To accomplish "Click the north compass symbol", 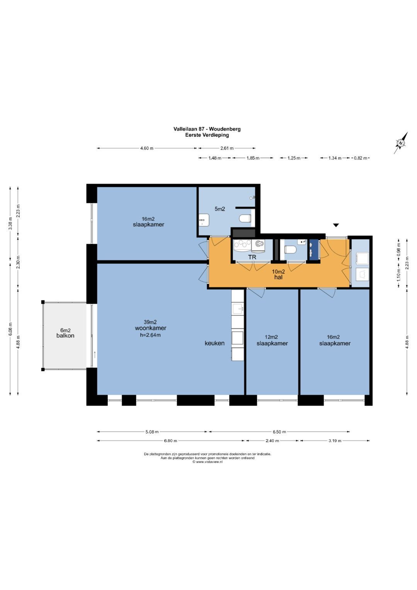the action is click(x=401, y=143).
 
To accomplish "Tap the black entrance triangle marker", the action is click(x=336, y=225).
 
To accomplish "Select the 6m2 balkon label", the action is click(x=65, y=333).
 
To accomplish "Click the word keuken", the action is click(x=215, y=343).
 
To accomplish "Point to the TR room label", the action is click(x=252, y=257).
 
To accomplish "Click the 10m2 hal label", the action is click(x=278, y=274).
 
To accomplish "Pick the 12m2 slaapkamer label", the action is click(x=272, y=340).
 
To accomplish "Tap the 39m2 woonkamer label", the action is click(x=151, y=325).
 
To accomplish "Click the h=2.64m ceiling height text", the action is click(x=150, y=335).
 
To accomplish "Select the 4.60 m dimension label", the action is click(x=147, y=148).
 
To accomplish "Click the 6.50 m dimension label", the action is click(x=279, y=432).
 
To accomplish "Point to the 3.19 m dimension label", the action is click(x=335, y=440).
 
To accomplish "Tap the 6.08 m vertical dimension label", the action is click(x=10, y=329).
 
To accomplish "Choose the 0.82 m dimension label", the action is click(x=360, y=158).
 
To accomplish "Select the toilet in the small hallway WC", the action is click(x=291, y=249).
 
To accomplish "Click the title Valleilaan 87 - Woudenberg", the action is click(x=207, y=129).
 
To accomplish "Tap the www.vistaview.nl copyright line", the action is click(x=207, y=462).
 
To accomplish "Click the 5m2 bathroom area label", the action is click(x=220, y=209).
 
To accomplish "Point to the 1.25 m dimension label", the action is click(x=294, y=158).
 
